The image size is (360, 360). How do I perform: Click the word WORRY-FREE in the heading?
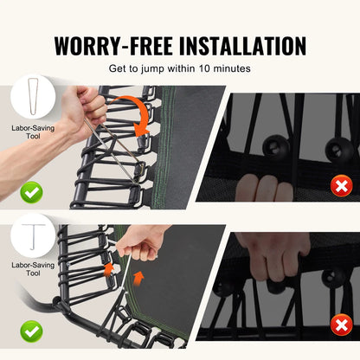click(113, 46)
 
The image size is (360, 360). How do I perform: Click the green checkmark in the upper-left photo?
click(31, 192)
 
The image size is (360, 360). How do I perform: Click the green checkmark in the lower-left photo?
click(31, 331)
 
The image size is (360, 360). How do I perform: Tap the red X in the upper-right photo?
click(342, 186)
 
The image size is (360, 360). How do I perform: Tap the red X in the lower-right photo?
click(342, 325)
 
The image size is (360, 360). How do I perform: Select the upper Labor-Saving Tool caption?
click(33, 132)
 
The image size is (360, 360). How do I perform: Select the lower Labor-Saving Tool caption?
click(33, 269)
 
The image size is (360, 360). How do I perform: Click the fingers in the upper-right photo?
click(264, 189)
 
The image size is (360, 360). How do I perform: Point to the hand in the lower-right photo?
click(274, 257)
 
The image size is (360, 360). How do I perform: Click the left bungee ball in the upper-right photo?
click(275, 146)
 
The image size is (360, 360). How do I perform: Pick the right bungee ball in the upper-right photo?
click(339, 150)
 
